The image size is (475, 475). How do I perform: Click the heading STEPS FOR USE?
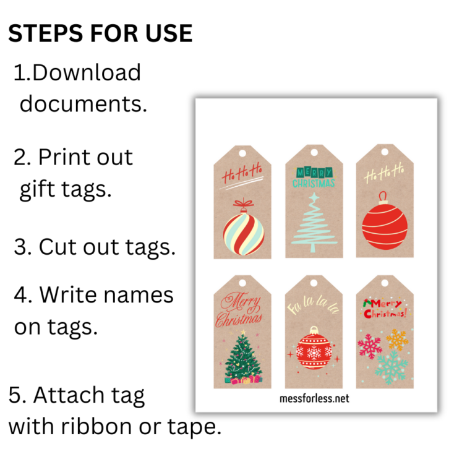[x=100, y=34]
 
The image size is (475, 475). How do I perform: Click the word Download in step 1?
[x=86, y=73]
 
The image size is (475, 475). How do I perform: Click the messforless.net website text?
[x=314, y=398]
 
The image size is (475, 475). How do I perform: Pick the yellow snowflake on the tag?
[x=397, y=339]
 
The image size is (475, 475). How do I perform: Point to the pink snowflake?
[x=370, y=346]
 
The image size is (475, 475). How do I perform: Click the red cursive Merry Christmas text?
[x=238, y=310]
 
